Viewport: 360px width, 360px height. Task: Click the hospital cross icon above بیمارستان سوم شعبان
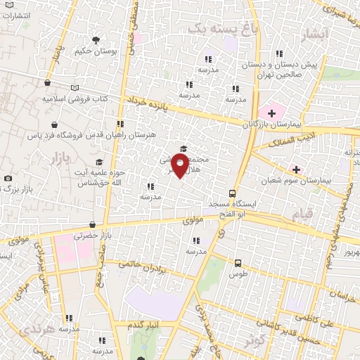click(296, 169)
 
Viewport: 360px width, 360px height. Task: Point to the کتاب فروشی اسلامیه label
click(74, 99)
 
